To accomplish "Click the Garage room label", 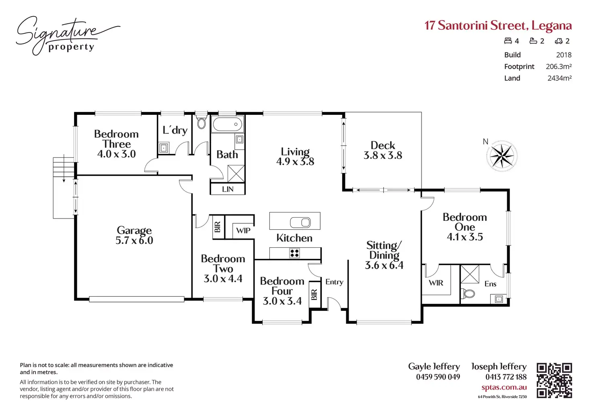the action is (134, 230).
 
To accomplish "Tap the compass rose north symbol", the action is (502, 156).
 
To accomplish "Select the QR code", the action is (554, 380).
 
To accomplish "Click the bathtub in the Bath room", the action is (228, 124).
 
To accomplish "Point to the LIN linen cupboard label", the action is (228, 189).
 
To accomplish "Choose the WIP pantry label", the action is (243, 230).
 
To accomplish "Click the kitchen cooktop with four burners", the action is (295, 253).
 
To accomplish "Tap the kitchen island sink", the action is (300, 222).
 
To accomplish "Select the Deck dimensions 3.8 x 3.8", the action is (382, 155).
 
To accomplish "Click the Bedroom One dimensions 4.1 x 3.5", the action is (465, 237).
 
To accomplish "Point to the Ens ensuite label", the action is (490, 284).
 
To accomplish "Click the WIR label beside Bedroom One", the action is (436, 283).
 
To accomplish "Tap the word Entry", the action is (334, 282).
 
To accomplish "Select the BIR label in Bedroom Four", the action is (314, 295).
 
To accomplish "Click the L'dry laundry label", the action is (175, 130).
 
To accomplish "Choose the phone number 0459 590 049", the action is (438, 377).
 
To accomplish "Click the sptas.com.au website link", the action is (504, 387).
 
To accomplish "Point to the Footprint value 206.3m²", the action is (559, 67).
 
